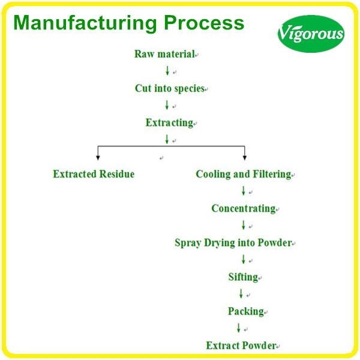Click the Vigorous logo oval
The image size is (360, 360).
point(311,32)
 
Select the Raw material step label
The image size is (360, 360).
point(164,54)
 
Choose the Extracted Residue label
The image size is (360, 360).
point(94,175)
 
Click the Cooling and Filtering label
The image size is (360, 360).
point(243,175)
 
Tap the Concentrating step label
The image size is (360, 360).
point(242,209)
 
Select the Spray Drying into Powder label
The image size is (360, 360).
point(233,243)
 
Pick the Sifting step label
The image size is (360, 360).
point(242,277)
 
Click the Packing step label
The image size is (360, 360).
point(245,311)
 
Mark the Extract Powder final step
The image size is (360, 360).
point(241,346)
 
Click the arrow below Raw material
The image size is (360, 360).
point(167,71)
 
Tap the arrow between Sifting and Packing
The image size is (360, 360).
point(241,294)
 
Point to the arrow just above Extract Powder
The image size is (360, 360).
point(238,328)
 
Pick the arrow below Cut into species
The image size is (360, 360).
point(167,105)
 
